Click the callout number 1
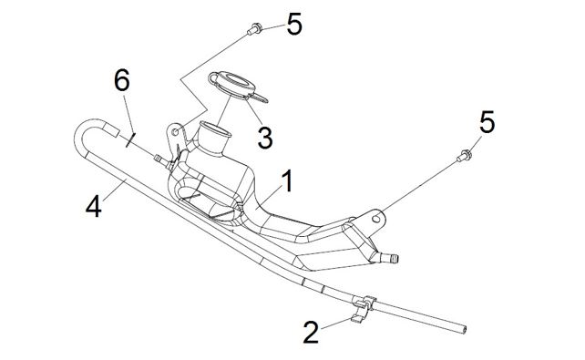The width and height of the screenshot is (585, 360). [x=287, y=181]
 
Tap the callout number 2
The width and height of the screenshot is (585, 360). [x=311, y=332]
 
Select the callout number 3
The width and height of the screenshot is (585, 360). [x=265, y=138]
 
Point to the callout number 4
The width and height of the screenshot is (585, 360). [x=94, y=207]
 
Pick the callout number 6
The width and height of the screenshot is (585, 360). [x=121, y=80]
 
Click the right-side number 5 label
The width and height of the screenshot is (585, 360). [x=487, y=122]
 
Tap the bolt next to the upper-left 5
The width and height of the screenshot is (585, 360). [x=254, y=29]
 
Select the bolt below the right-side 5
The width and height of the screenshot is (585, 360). [x=464, y=156]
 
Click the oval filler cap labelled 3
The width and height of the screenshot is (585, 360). [x=232, y=85]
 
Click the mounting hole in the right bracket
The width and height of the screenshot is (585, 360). [x=376, y=218]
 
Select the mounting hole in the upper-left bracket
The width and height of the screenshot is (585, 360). [x=175, y=131]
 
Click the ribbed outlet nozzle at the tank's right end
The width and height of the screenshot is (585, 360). [x=389, y=257]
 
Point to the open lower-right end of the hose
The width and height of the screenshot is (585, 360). [x=463, y=329]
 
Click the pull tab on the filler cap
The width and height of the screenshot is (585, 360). [x=260, y=97]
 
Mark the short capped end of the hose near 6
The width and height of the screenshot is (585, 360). [x=111, y=130]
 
